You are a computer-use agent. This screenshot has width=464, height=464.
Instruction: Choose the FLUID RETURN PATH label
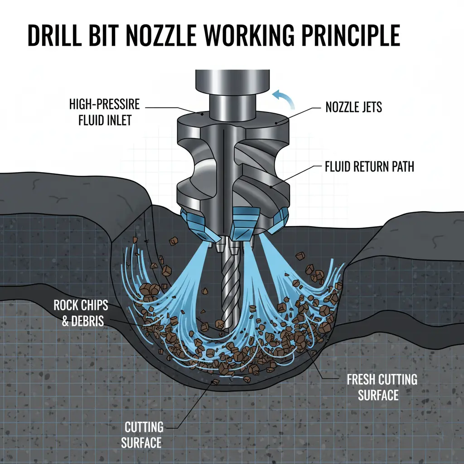[x=369, y=167]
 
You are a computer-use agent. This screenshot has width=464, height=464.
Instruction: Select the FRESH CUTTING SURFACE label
[x=382, y=386]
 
